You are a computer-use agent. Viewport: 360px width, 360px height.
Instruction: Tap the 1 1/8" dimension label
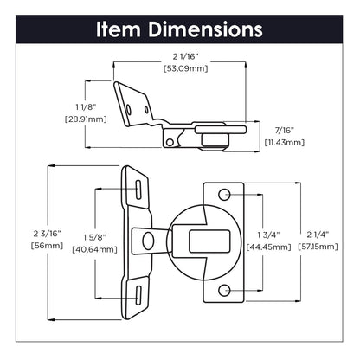86,106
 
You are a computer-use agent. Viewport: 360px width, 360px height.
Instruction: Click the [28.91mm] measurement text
86,119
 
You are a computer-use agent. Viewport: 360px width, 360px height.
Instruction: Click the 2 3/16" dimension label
48,234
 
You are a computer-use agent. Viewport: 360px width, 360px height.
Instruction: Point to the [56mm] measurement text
48,246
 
